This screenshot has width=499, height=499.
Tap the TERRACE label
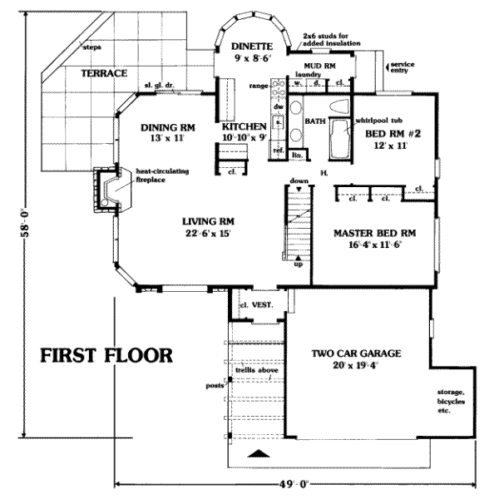point(104,73)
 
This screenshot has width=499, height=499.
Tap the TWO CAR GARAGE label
point(356,353)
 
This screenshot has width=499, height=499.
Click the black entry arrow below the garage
point(259,454)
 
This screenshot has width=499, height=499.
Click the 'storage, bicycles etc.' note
point(452,402)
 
